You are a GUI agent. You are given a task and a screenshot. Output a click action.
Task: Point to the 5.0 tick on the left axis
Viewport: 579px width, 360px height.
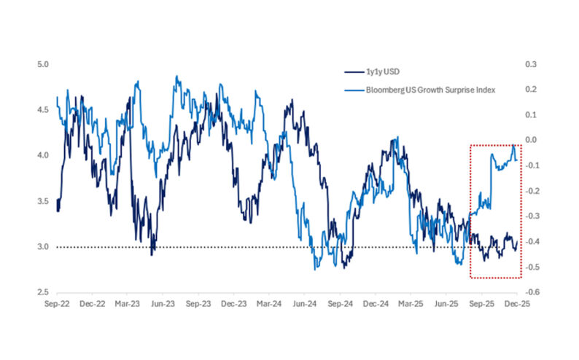pos(42,64)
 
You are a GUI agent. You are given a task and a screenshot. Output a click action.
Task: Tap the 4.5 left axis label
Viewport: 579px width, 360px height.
pos(42,110)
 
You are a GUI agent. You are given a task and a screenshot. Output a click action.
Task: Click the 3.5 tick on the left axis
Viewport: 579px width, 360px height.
pos(42,201)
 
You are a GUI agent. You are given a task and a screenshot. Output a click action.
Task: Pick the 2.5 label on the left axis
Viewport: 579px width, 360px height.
pos(42,292)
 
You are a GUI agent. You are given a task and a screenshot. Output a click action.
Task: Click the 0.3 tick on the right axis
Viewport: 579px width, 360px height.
pos(531,64)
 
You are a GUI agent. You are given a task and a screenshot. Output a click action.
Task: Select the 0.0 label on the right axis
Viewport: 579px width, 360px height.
pos(531,140)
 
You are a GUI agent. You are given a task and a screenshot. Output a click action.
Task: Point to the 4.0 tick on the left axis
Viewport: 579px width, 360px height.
pos(42,155)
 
